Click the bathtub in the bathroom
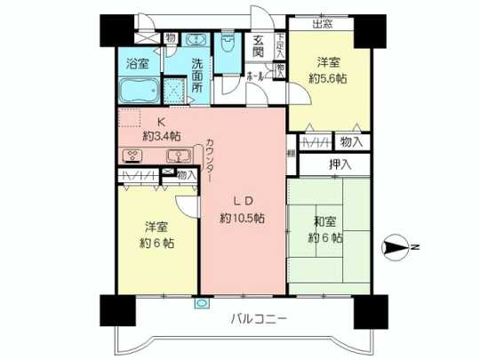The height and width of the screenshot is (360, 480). coord(138,92)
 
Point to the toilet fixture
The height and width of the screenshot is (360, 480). coord(228,46)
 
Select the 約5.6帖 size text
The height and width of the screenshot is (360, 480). coord(327,77)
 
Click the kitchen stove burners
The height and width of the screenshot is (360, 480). coord(132,155)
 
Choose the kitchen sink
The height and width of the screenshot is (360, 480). coord(179,155)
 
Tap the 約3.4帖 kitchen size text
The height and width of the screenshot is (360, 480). coord(162,137)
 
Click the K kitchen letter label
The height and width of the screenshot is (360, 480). coord(162,123)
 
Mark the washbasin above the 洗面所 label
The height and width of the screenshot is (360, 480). coord(196,40)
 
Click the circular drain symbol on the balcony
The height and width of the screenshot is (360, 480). coord(204,302)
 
